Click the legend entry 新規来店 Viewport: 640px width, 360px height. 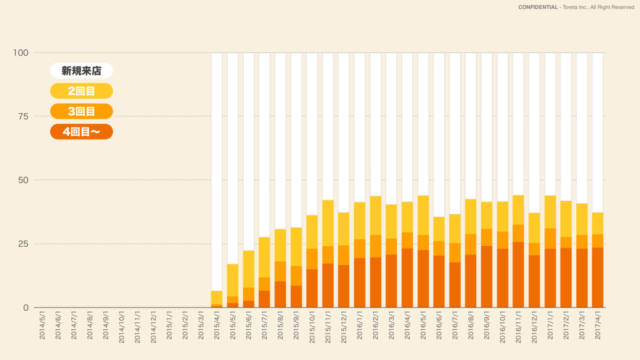point(81,71)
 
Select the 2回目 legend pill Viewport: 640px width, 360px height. point(81,91)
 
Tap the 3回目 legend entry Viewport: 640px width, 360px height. point(81,112)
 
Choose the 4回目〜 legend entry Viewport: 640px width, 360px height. point(81,132)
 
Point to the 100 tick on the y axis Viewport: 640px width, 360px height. point(21,52)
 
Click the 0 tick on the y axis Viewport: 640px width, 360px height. point(25,307)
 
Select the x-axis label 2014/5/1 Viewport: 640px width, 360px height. point(42,326)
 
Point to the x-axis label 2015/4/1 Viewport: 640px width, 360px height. point(217,326)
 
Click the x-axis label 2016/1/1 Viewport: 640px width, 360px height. point(360,326)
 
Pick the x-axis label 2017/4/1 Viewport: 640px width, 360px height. point(598,326)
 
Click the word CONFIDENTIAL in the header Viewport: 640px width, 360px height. point(538,7)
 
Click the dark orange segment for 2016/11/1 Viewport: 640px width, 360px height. point(518,275)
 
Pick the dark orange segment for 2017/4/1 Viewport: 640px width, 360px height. point(598,277)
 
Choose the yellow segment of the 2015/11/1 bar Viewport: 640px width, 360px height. point(328,223)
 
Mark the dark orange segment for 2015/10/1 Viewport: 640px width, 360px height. point(312,288)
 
